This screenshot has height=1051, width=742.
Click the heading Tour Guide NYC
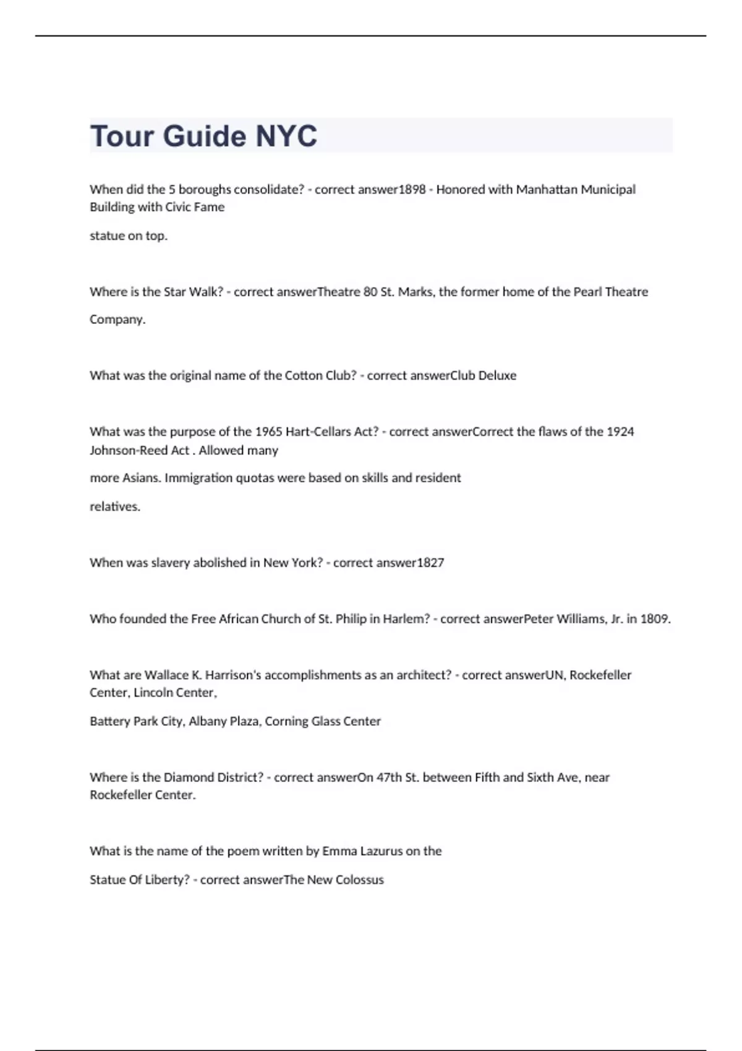(203, 136)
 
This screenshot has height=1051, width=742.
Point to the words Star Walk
(190, 292)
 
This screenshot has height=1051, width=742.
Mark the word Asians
(140, 478)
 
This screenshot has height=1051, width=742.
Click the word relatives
(115, 506)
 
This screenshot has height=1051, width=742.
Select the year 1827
(430, 563)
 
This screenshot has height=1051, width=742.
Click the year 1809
(655, 619)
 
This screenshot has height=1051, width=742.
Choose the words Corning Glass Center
(323, 721)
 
